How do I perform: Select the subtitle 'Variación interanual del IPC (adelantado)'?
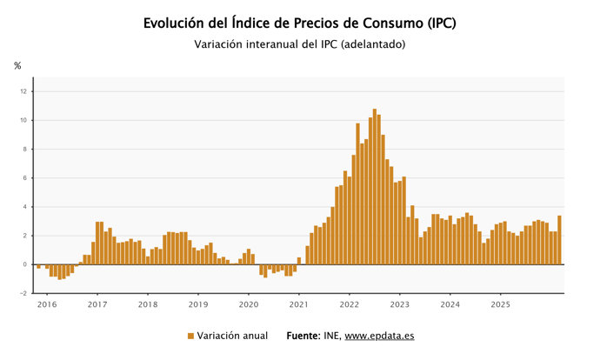click(x=300, y=44)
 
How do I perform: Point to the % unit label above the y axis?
click(x=17, y=66)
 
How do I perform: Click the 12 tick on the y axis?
click(x=24, y=91)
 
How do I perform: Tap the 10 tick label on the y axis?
click(x=24, y=120)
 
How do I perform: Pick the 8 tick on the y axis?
click(x=26, y=149)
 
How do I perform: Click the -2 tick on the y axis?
click(x=24, y=293)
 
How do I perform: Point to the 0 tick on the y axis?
click(x=26, y=264)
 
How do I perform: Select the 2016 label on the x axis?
click(x=47, y=304)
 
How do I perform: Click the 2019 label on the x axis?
click(x=198, y=304)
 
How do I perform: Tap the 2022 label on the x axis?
click(x=350, y=304)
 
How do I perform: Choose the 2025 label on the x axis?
click(x=500, y=304)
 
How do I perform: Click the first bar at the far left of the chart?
click(x=39, y=266)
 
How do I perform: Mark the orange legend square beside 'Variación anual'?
click(x=190, y=336)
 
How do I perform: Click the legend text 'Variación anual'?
click(x=232, y=336)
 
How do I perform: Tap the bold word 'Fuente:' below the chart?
click(x=303, y=336)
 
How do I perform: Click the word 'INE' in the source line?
click(x=331, y=336)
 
